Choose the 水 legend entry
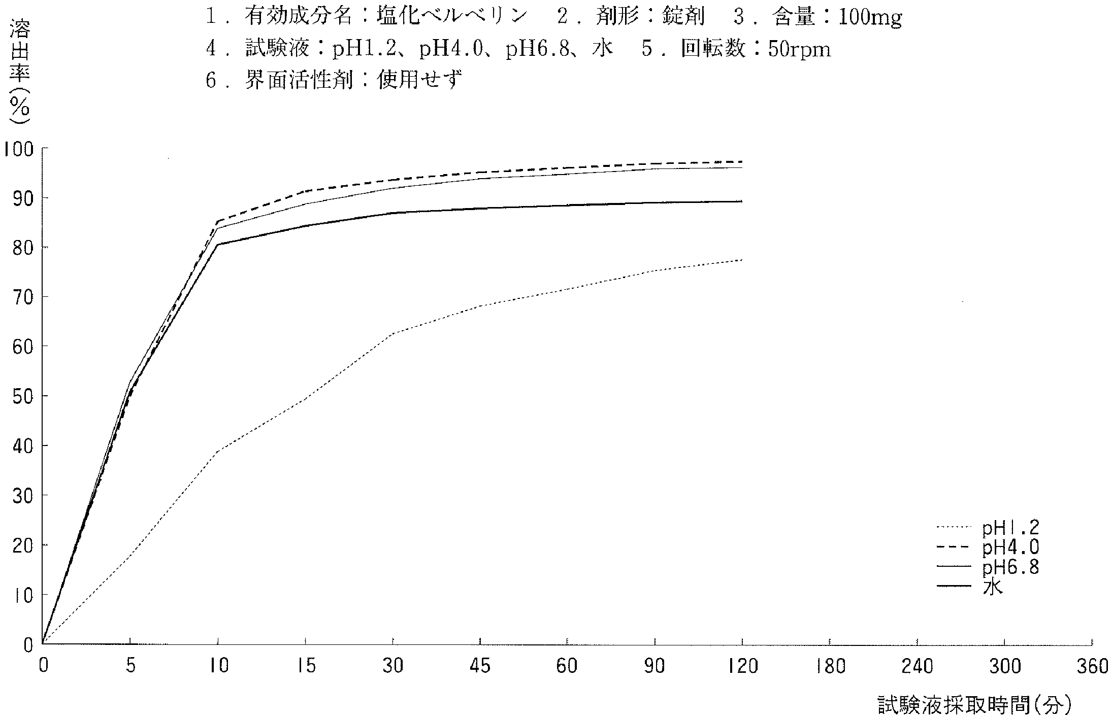pos(993,587)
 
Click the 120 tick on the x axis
pos(742,666)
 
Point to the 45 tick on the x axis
pos(480,666)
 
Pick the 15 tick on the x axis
pos(305,666)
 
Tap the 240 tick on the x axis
pos(918,666)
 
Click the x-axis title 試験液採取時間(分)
pos(975,705)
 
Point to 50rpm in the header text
pos(799,50)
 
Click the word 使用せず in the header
pos(419,80)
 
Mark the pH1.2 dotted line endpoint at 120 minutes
pos(742,260)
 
